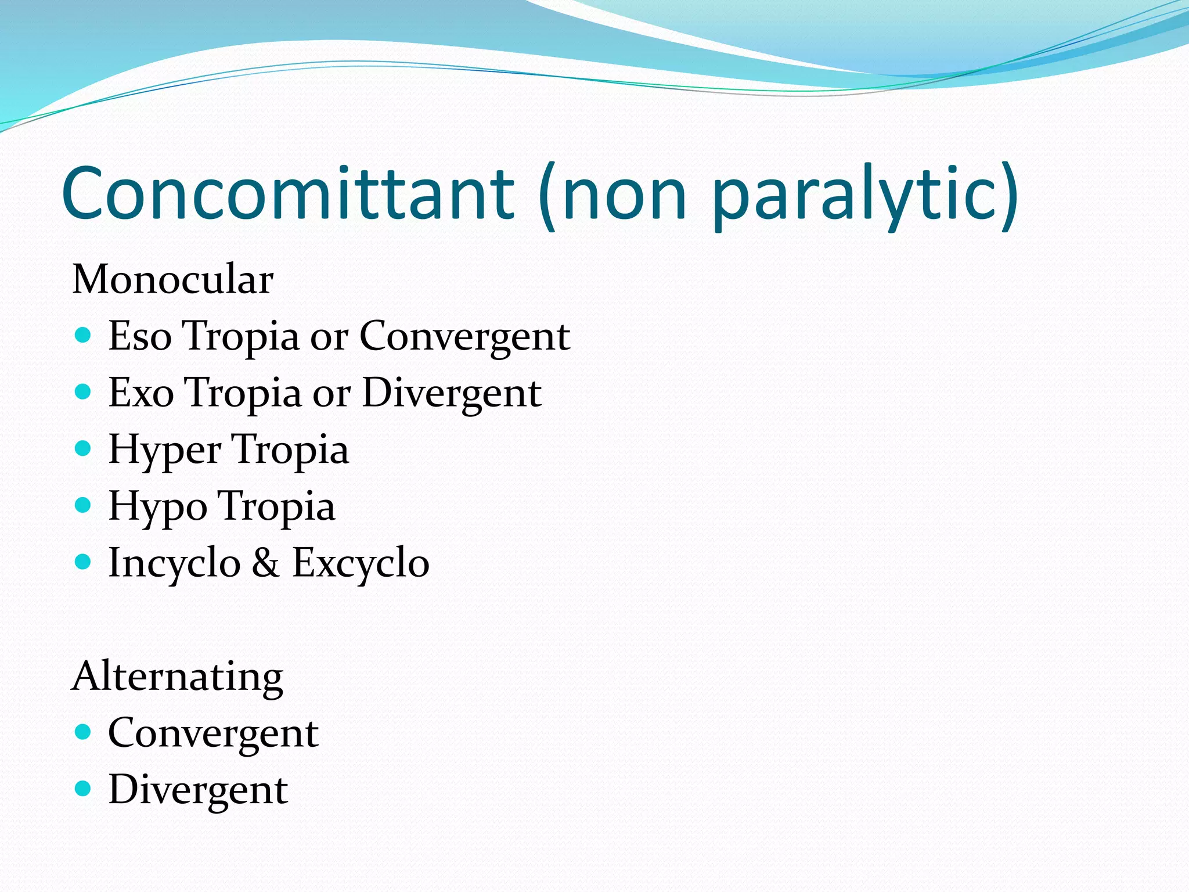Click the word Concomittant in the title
tap(288, 193)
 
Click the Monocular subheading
tap(172, 279)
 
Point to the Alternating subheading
tap(177, 677)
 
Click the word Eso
tap(140, 336)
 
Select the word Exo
tap(141, 393)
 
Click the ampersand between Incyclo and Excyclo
tap(266, 563)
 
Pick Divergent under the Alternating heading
tap(198, 790)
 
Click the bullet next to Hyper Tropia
tap(84, 448)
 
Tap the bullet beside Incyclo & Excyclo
tap(84, 562)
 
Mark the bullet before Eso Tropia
tap(84, 335)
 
